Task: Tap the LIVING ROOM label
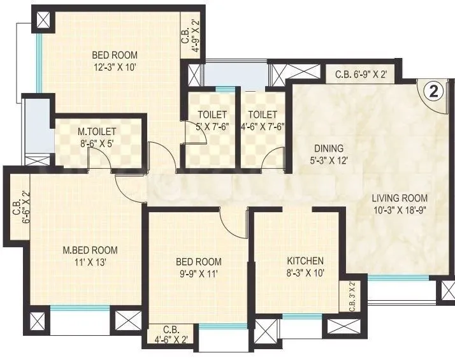coord(400,198)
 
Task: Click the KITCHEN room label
coord(305,261)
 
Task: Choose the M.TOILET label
coord(97,133)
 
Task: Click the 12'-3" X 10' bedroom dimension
coord(114,66)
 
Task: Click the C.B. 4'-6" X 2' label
coord(170,335)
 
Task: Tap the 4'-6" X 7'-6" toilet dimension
coord(263,126)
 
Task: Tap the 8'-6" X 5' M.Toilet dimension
coord(97,144)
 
